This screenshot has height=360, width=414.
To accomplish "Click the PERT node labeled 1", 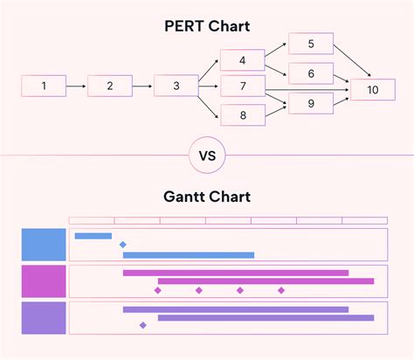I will point(44,86).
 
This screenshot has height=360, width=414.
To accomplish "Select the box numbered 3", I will point(176,86).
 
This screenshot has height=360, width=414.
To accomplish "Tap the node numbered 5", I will point(311,44).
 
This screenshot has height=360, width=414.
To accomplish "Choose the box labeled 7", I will point(243,86).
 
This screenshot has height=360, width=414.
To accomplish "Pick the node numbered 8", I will point(243,114).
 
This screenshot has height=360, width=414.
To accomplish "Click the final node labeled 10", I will point(374,88).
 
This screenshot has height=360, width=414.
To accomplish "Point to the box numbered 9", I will point(311,105).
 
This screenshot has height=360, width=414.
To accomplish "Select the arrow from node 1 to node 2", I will point(76,86).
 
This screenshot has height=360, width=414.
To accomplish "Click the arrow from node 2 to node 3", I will point(142,86).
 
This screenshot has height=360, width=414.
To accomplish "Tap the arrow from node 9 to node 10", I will point(342,97).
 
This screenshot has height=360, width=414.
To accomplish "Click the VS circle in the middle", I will point(207,156).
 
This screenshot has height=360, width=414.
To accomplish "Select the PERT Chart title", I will point(207,26).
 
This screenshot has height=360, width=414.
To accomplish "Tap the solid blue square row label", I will point(44,245).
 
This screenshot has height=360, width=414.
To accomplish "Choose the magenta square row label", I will point(44,281).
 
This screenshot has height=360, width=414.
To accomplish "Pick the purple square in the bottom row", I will point(44,318).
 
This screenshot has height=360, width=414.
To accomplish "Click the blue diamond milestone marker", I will point(122,245).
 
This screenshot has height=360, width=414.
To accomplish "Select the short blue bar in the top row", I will point(93,236).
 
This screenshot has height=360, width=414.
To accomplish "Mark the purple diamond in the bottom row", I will point(142,325).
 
